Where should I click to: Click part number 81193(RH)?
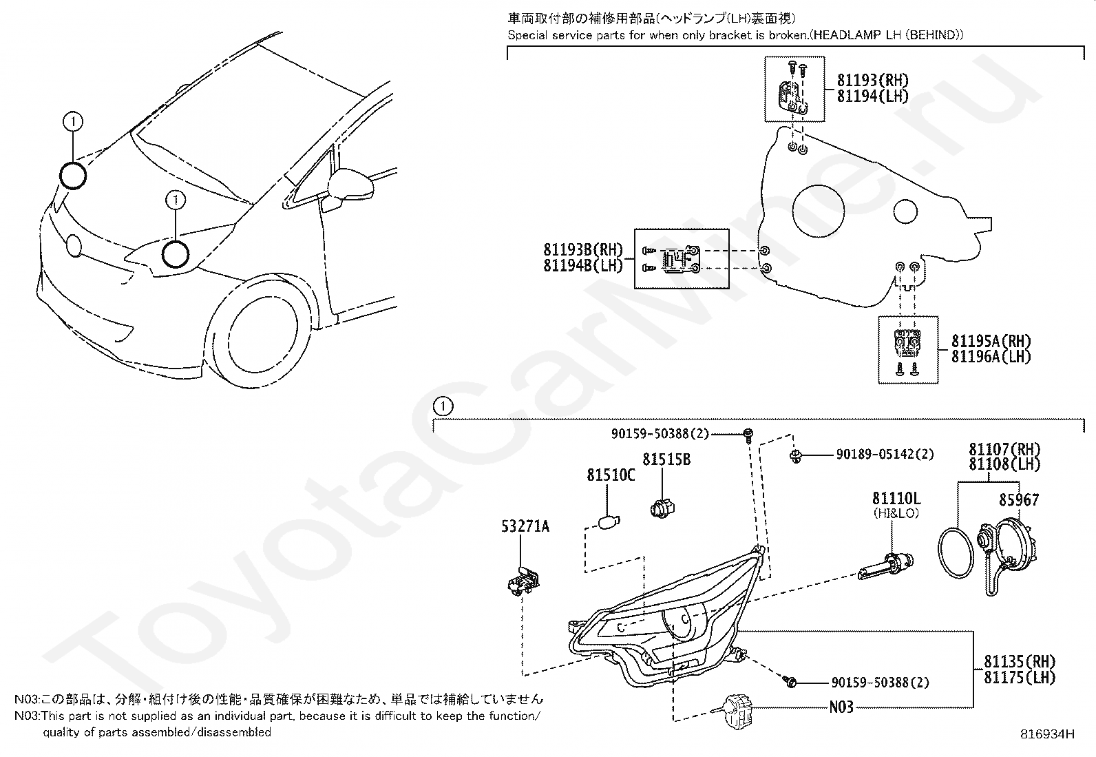(x=872, y=81)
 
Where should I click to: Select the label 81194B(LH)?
(x=582, y=265)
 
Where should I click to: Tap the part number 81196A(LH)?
(x=991, y=356)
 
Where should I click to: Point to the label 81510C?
(x=611, y=475)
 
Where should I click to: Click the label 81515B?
(x=666, y=459)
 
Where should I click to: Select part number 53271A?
(x=525, y=527)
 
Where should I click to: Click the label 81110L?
(x=896, y=498)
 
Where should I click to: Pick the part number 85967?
(x=1019, y=500)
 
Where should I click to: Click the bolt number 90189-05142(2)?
(x=885, y=455)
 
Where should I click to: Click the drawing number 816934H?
(x=1047, y=734)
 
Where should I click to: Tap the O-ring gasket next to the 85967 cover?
(x=958, y=552)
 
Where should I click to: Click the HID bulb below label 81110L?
(x=887, y=565)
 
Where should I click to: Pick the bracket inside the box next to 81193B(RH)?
(x=680, y=259)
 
